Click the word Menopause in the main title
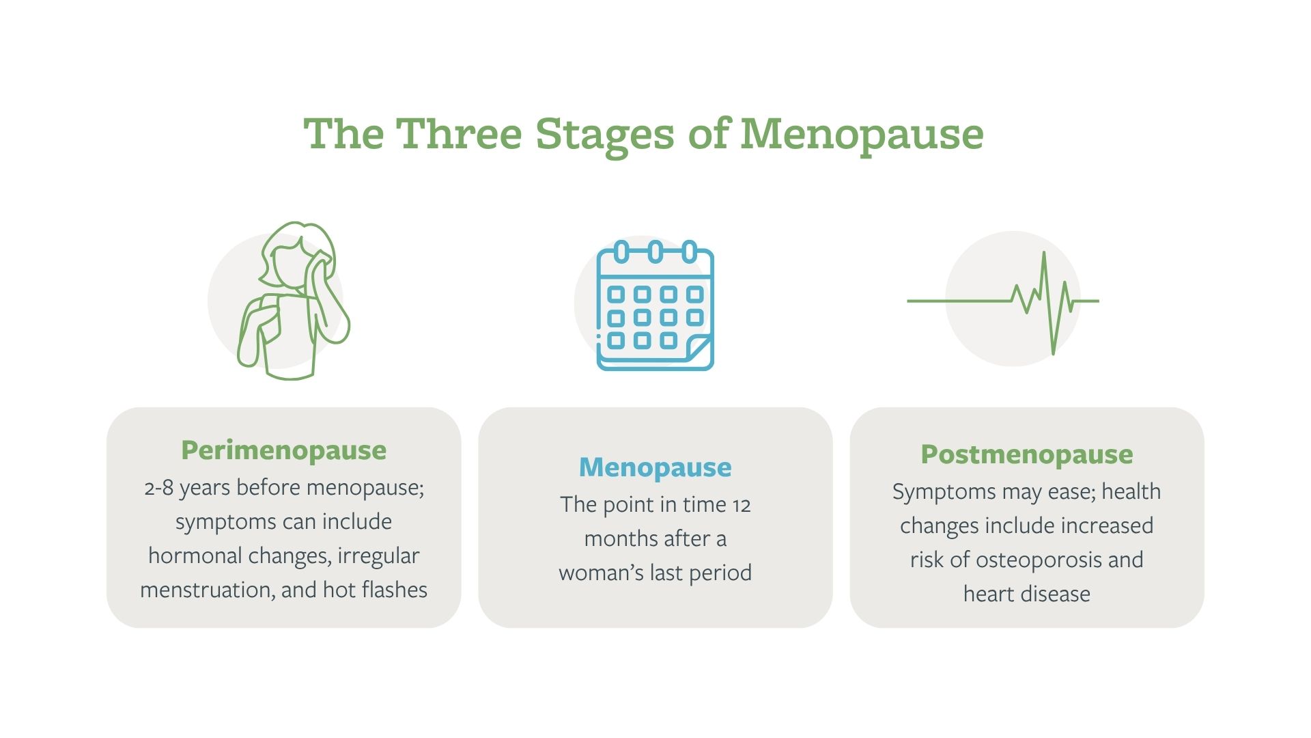tap(862, 134)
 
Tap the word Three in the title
tap(459, 134)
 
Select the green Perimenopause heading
tap(283, 450)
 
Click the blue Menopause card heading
tap(655, 467)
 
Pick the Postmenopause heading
tap(1026, 454)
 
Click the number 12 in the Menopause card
tap(741, 506)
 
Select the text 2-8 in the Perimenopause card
tap(159, 489)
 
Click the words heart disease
tap(1026, 594)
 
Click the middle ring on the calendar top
tap(655, 251)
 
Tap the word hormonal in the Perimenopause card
tap(195, 556)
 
